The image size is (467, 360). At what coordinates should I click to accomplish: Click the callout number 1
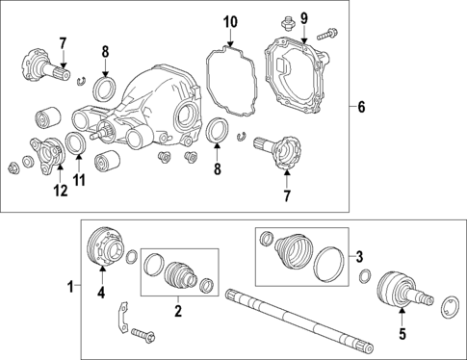coord(69,286)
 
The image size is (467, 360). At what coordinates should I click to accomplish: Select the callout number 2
coord(177,312)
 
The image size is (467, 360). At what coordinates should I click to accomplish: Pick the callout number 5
coord(402,335)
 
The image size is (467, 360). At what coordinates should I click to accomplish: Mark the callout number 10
coord(229,21)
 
